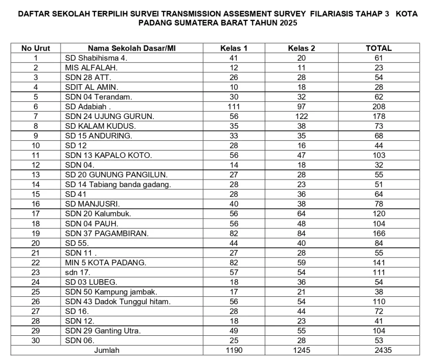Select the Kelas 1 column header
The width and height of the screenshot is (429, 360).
[234, 48]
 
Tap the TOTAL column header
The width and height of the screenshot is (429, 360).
[379, 48]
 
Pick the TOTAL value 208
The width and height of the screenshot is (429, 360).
[379, 106]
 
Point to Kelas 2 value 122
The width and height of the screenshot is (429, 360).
[301, 116]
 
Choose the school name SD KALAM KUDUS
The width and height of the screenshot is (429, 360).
[101, 126]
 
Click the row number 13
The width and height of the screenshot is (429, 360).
[36, 175]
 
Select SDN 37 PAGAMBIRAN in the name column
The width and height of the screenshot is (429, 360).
[107, 233]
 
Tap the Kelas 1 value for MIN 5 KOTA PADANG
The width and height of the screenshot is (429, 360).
[234, 263]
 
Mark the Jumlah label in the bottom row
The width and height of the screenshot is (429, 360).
[107, 350]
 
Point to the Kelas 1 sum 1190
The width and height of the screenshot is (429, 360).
[234, 350]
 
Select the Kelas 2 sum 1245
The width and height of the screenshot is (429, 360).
[301, 350]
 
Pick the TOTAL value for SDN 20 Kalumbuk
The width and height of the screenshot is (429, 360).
[379, 214]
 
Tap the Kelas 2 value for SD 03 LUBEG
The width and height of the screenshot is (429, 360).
[301, 282]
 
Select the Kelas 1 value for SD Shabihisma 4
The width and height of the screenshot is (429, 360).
[234, 58]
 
